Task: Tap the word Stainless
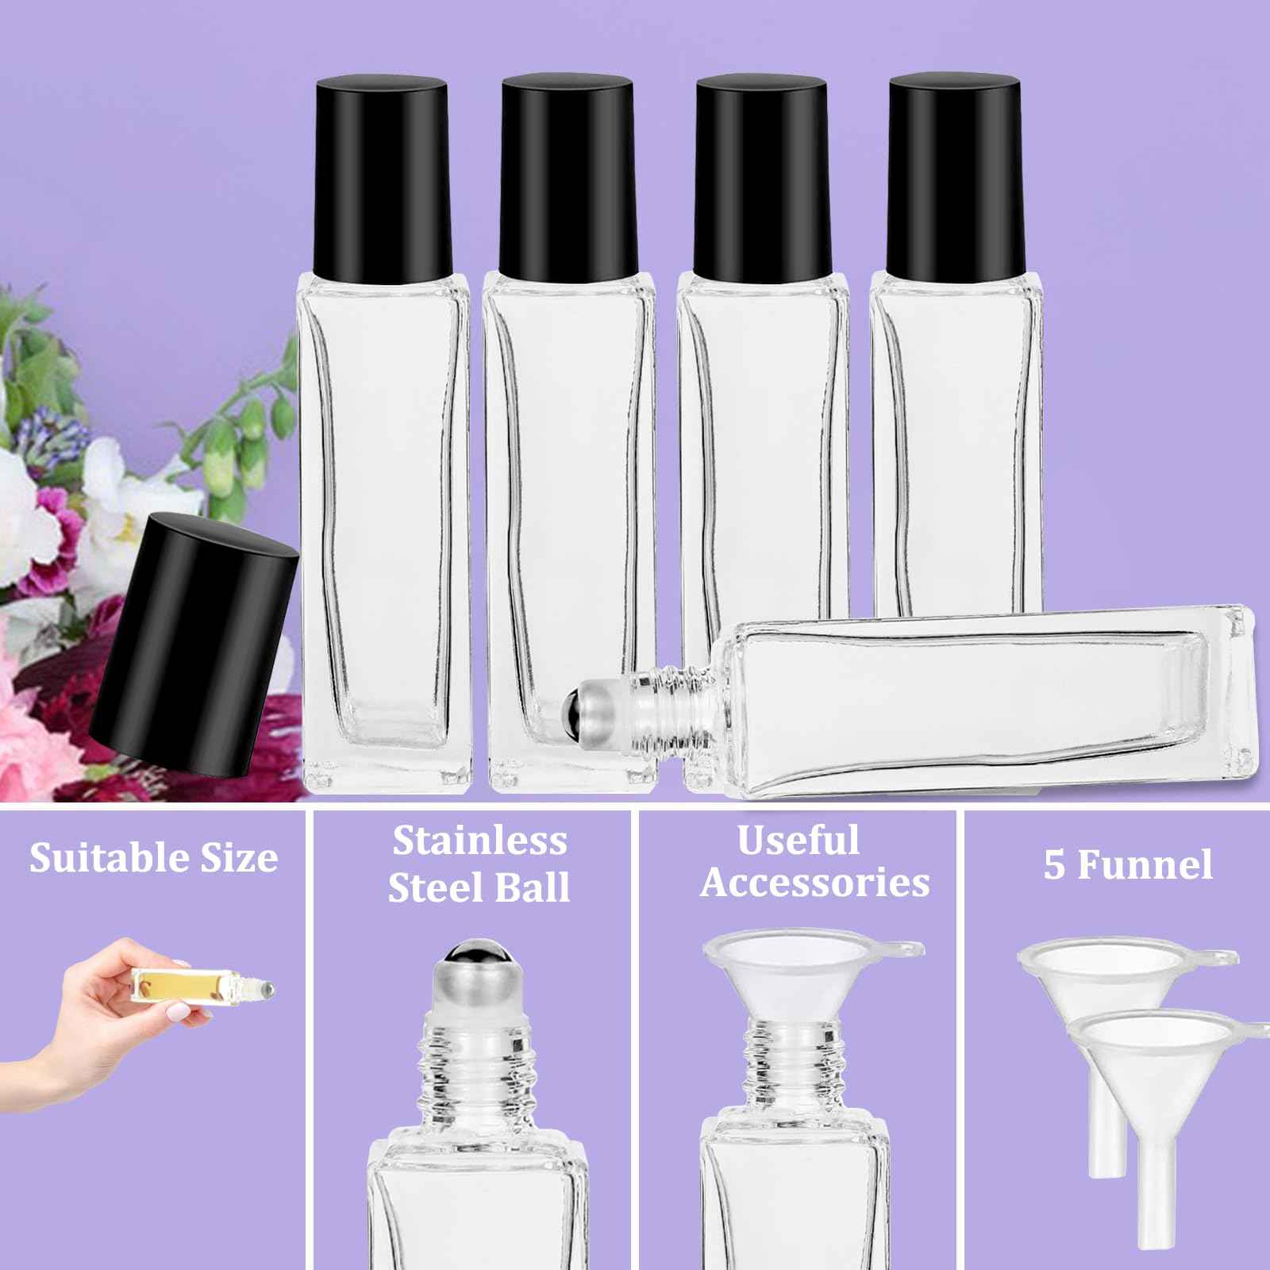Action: [x=480, y=841]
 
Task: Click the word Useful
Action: [x=798, y=841]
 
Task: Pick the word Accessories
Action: [x=814, y=883]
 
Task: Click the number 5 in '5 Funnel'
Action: [x=1054, y=865]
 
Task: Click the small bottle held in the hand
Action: [x=202, y=985]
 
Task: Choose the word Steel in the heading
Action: [x=433, y=887]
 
